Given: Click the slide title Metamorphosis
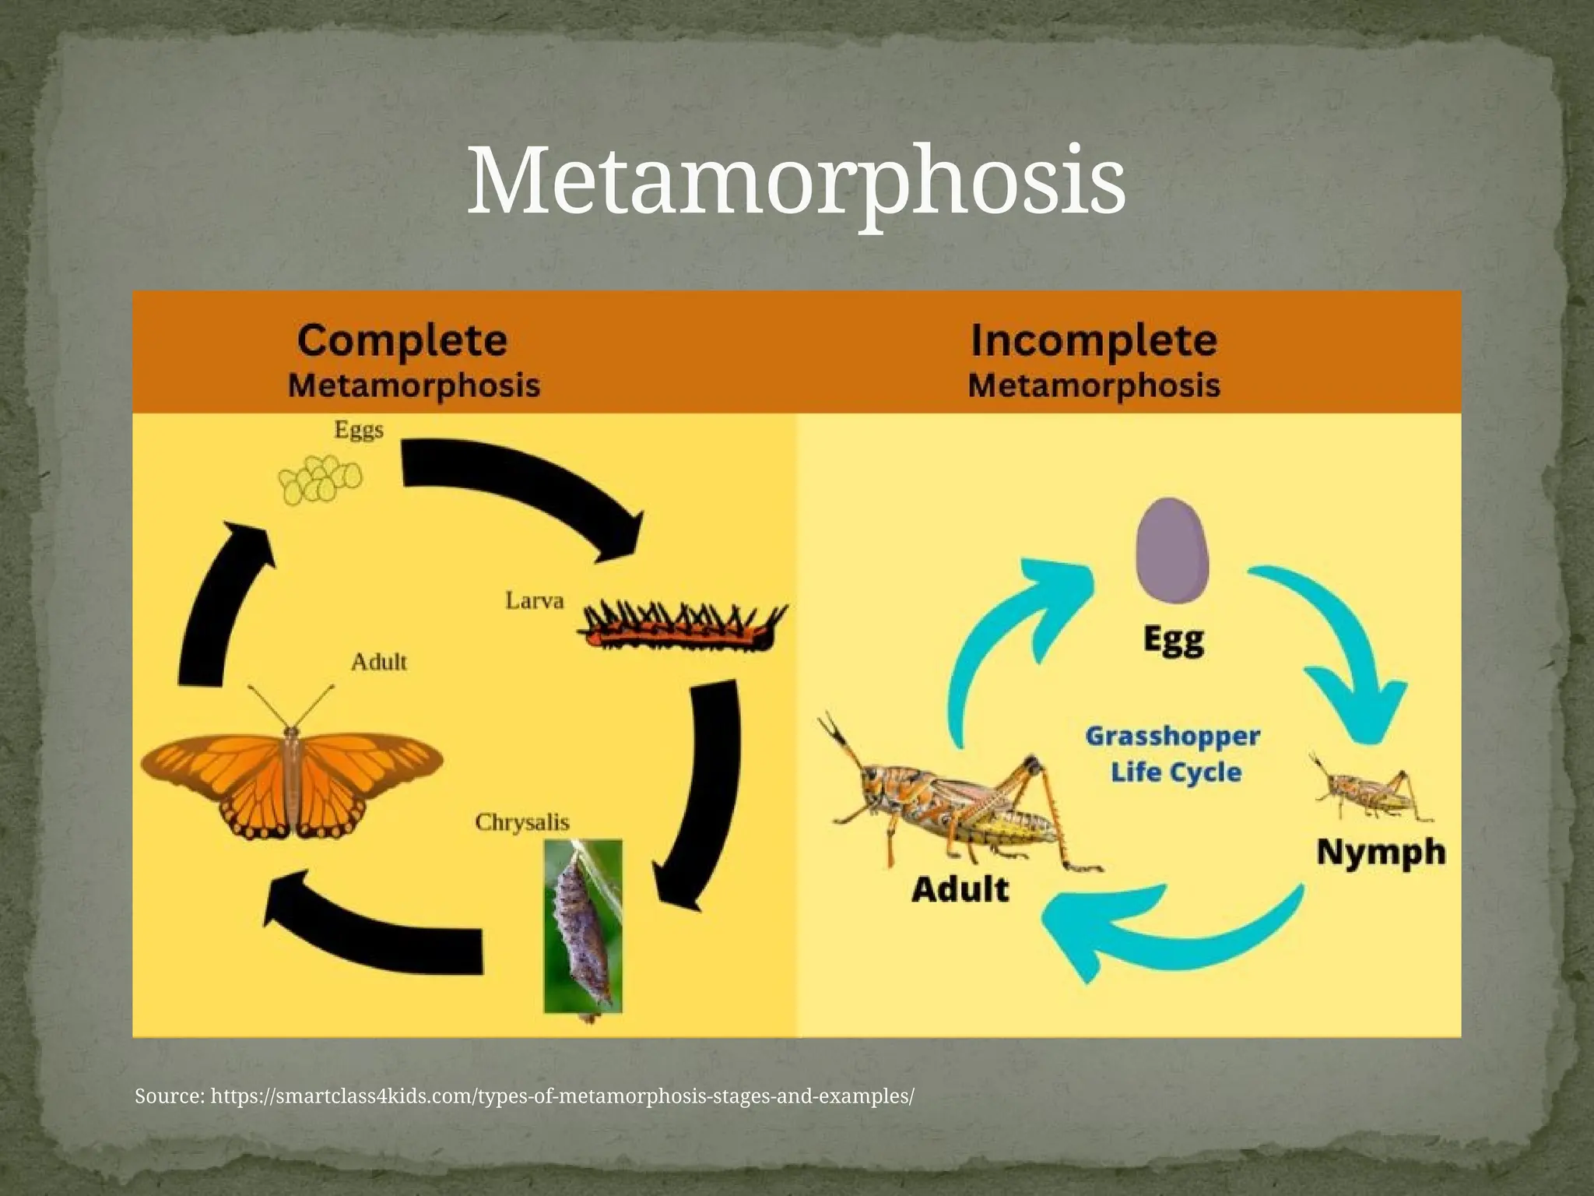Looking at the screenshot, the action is (x=795, y=182).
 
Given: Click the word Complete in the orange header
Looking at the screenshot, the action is (x=402, y=341).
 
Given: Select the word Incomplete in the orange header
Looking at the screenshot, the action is (x=1094, y=341).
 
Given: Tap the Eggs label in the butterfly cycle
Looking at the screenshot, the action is (x=359, y=430).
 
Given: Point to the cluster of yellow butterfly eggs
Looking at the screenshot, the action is (x=320, y=479).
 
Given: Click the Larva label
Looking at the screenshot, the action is (x=534, y=601).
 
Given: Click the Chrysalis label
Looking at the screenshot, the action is (x=522, y=822).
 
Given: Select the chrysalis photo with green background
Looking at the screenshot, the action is (x=583, y=927).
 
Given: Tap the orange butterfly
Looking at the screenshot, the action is (x=291, y=779).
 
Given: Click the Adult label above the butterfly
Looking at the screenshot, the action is (x=378, y=662).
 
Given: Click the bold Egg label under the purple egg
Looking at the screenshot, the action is (x=1174, y=641).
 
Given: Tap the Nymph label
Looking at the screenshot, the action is (x=1380, y=852).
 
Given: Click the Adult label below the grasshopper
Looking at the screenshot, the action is (x=960, y=888).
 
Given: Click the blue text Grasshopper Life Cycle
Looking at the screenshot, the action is (x=1173, y=754).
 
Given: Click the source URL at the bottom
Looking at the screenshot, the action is (x=525, y=1096).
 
